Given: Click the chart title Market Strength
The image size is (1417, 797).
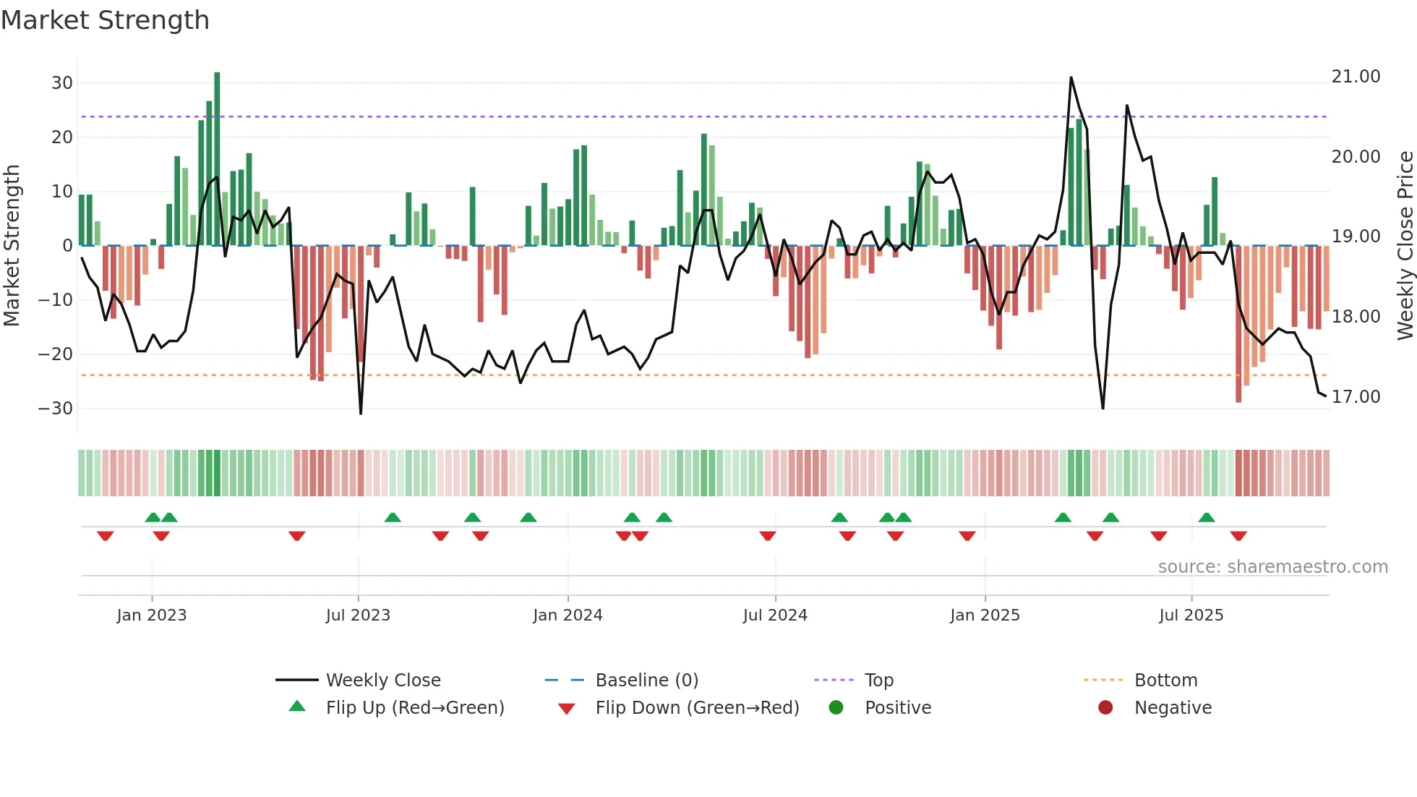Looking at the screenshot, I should click(x=106, y=20).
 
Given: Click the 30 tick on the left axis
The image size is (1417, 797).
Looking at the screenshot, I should click(x=62, y=83).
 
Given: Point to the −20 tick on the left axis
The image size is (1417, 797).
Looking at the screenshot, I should click(x=56, y=354).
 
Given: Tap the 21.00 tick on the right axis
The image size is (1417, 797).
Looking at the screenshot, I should click(x=1356, y=77).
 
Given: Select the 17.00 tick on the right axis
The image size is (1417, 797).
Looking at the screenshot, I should click(x=1356, y=397).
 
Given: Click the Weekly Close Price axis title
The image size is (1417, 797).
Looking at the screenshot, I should click(x=1405, y=246).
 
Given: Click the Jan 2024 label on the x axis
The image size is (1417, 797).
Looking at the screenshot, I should click(x=568, y=615).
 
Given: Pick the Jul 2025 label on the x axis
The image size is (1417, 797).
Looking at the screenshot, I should click(x=1191, y=615).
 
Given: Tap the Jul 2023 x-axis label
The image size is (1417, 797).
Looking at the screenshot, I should click(x=358, y=615).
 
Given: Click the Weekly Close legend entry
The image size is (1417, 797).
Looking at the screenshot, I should click(x=382, y=681).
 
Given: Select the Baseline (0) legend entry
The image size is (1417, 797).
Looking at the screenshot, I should click(x=646, y=681).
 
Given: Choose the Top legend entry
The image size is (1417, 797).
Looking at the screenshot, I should click(x=878, y=681).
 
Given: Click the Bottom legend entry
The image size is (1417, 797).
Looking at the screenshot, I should click(x=1165, y=681).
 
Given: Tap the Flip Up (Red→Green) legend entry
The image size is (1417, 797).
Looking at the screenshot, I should click(x=414, y=708).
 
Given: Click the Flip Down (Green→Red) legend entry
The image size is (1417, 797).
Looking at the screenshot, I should click(x=697, y=708).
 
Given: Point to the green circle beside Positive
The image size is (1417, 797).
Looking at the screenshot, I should click(x=836, y=707).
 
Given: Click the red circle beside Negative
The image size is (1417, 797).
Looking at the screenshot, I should click(x=1105, y=707).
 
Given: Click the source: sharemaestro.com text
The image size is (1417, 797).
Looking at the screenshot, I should click(x=1272, y=567).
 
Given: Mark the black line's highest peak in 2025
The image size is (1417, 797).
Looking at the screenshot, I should click(x=1071, y=77).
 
